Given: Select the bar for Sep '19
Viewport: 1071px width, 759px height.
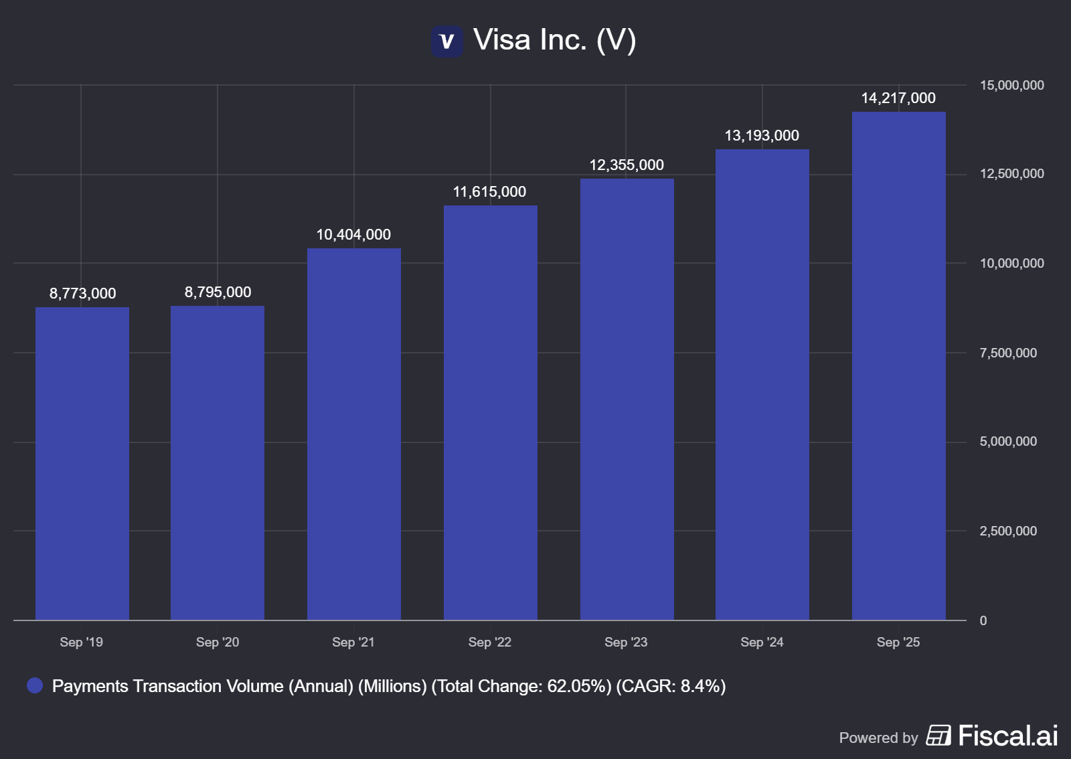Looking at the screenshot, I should click(82, 463).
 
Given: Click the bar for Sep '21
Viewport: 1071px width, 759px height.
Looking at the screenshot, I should click(354, 434).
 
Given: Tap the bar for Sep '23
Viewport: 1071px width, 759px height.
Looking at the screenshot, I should click(627, 399).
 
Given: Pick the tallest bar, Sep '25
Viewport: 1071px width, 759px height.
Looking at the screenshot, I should click(899, 365).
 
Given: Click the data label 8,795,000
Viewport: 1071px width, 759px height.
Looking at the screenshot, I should click(218, 292).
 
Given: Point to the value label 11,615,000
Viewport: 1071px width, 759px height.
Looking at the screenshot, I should click(489, 192).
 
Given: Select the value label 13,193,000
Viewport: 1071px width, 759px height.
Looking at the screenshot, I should click(762, 136).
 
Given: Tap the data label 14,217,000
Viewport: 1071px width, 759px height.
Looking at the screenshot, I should click(898, 98).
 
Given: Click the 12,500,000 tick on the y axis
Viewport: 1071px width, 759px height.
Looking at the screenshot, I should click(1011, 174).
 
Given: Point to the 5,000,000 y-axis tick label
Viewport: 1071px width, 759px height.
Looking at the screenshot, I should click(1008, 442).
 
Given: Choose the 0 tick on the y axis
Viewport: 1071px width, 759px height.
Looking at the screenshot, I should click(983, 621).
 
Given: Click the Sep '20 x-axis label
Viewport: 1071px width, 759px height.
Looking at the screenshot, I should click(218, 643).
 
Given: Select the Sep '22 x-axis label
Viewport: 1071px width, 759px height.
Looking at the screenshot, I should click(489, 643).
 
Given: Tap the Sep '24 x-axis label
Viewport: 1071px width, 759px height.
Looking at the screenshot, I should click(762, 643).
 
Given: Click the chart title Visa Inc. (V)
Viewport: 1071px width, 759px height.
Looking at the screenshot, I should click(554, 40).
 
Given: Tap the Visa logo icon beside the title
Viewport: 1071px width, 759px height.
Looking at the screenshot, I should click(446, 41).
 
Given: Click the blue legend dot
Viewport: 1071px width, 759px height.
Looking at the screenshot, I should click(35, 685).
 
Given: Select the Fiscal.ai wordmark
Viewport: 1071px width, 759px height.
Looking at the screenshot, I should click(1007, 736).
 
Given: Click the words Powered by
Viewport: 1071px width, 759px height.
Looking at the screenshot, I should click(878, 738).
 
